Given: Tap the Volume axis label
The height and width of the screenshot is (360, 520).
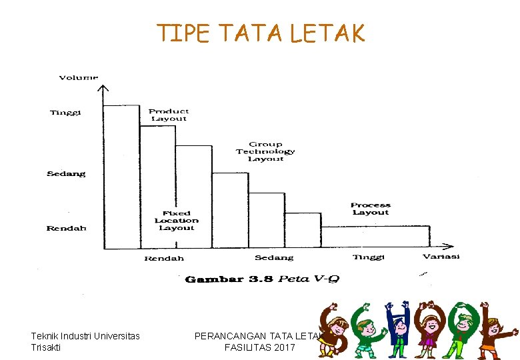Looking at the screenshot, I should [79, 77].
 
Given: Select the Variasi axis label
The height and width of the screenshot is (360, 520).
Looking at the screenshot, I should [441, 257].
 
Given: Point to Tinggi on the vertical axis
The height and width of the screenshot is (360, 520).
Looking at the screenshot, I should [65, 113].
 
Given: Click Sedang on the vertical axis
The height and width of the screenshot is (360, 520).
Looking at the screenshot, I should [66, 174].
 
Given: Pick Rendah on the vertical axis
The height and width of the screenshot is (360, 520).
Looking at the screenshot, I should [66, 229].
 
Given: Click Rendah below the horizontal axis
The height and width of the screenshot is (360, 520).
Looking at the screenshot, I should [164, 258].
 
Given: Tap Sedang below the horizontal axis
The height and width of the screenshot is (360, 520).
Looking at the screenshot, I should [273, 257].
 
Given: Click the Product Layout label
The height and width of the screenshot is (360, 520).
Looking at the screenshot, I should [169, 115].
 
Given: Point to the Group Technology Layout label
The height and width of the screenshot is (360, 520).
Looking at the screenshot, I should [265, 151].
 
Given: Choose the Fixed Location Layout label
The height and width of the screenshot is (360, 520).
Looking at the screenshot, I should [176, 220].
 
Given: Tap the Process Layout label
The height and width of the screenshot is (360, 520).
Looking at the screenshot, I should [371, 209].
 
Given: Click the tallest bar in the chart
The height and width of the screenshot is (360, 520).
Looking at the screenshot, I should [122, 177].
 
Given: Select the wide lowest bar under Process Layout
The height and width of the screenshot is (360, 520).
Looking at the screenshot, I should [375, 237].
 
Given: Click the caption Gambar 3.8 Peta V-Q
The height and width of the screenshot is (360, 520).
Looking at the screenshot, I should [262, 279].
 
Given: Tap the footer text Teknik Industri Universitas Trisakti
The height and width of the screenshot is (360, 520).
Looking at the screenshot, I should [85, 341].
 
